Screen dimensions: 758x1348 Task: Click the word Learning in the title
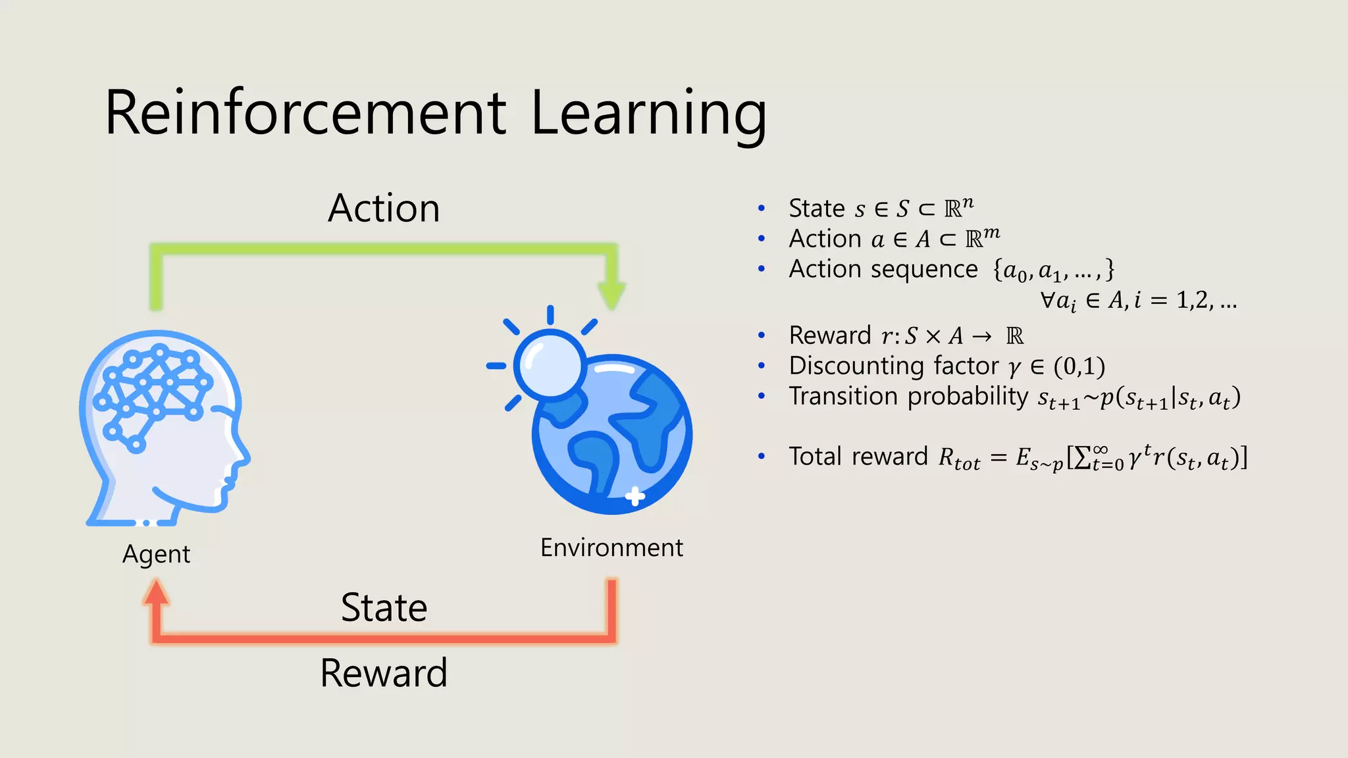click(648, 113)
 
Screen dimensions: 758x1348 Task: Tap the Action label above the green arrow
click(384, 209)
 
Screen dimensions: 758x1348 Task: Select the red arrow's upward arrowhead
click(156, 592)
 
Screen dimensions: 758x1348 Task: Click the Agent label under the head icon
click(156, 554)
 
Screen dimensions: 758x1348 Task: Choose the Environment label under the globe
click(611, 547)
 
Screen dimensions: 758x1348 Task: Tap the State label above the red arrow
click(384, 607)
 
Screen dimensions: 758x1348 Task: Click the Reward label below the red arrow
click(384, 673)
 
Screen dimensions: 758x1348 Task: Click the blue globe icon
click(612, 434)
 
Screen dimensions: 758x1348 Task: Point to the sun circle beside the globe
click(549, 364)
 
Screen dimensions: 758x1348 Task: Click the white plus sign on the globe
click(635, 496)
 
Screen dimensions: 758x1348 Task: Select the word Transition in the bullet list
click(842, 396)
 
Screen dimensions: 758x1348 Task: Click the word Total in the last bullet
click(816, 457)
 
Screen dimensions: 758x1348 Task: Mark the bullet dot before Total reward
click(762, 457)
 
